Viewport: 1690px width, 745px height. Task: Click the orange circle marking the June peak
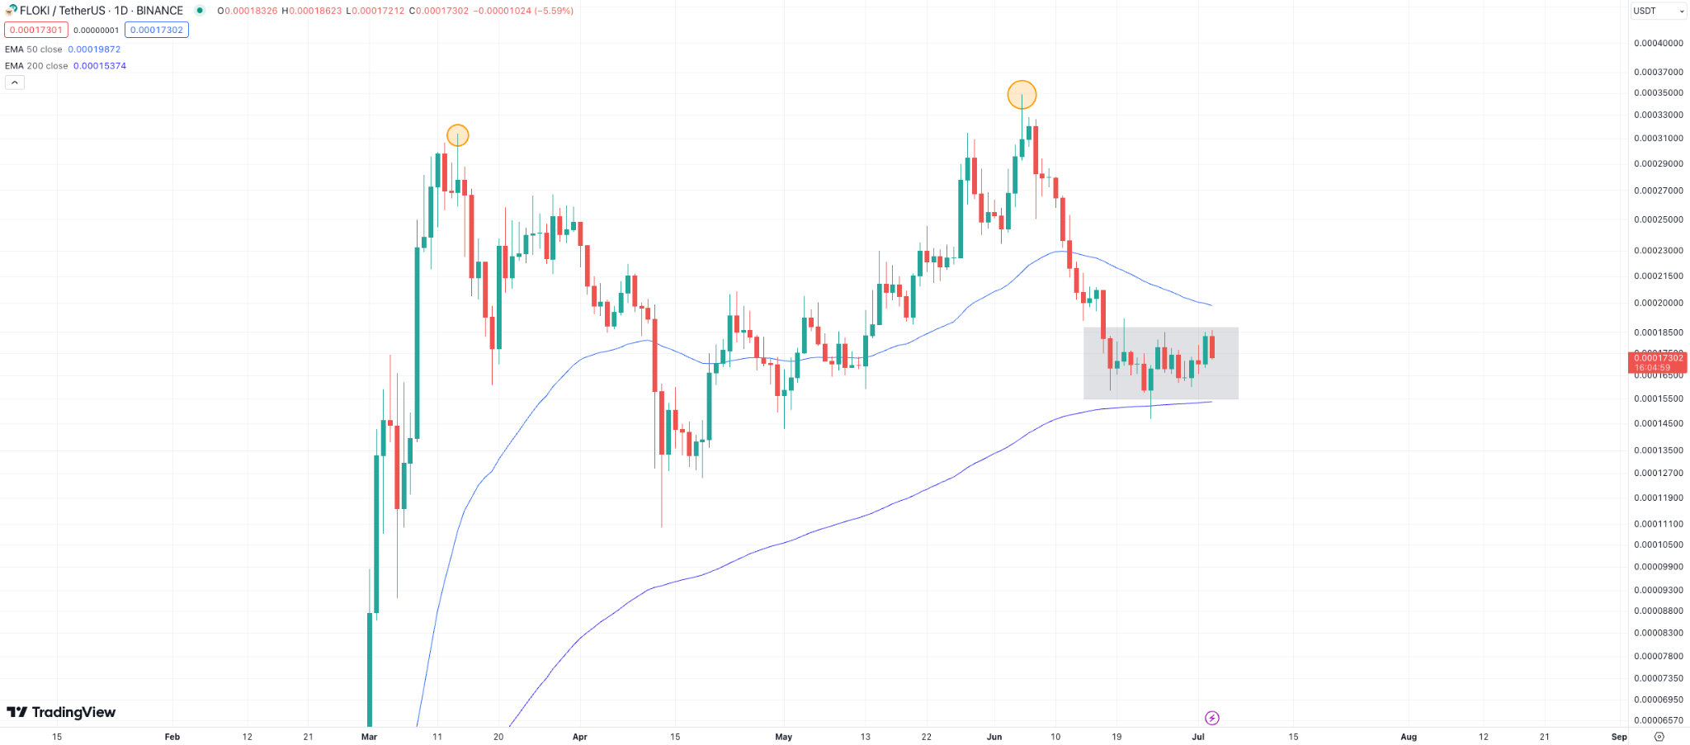click(x=1022, y=95)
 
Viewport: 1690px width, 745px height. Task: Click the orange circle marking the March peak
click(x=457, y=135)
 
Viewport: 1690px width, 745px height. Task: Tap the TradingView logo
click(x=61, y=712)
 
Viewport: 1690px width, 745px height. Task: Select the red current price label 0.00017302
click(x=1659, y=358)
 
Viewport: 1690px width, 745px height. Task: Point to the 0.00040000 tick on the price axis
click(x=1658, y=43)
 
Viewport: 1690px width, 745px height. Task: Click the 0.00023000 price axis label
click(x=1658, y=250)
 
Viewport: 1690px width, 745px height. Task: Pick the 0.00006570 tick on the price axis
click(x=1658, y=720)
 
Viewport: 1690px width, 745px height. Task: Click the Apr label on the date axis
click(x=579, y=737)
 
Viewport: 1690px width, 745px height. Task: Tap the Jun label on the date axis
click(x=994, y=737)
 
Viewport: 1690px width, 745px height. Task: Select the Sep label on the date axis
click(x=1619, y=737)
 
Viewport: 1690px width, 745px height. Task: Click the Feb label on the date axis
click(x=172, y=737)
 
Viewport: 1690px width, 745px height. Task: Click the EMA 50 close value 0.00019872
click(x=94, y=50)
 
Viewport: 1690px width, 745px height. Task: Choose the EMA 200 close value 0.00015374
click(x=99, y=66)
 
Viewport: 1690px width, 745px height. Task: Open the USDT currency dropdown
click(x=1659, y=11)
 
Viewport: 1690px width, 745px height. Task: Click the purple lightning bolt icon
click(x=1211, y=718)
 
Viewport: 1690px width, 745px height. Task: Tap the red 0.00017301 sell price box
click(x=36, y=30)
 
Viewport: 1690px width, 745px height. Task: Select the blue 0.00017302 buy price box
click(x=157, y=30)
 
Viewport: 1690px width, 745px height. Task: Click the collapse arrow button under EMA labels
click(x=15, y=83)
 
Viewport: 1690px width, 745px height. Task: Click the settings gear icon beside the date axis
click(x=1659, y=737)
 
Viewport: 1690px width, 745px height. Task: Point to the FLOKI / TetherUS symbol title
click(x=101, y=11)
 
